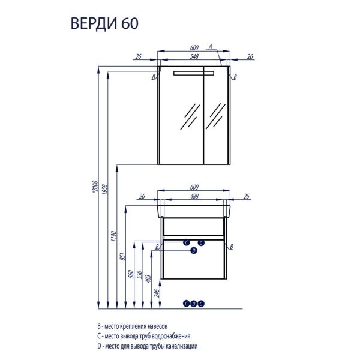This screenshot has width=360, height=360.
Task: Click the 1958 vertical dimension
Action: tap(106, 192)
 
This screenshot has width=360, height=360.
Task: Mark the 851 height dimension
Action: tap(124, 257)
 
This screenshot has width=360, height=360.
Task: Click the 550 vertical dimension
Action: tap(142, 275)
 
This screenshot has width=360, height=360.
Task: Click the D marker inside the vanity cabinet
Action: tap(193, 251)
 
